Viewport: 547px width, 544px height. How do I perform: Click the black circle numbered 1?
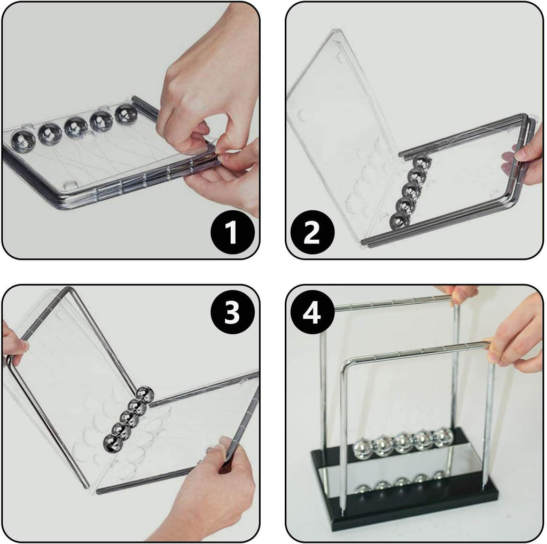click(x=231, y=233)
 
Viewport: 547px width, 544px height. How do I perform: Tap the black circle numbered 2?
click(x=312, y=233)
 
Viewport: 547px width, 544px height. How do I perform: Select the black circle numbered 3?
click(x=231, y=314)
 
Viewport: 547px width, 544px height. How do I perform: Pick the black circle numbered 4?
click(x=312, y=314)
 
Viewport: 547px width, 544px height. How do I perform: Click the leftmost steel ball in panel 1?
click(x=23, y=140)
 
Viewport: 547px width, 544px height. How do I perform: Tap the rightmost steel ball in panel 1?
click(x=126, y=114)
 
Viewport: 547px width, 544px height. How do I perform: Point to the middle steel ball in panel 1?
click(x=76, y=127)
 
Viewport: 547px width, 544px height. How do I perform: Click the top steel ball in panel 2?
click(x=420, y=161)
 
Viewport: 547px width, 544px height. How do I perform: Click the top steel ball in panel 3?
click(x=144, y=395)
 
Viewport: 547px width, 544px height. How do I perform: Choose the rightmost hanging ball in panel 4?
click(x=443, y=436)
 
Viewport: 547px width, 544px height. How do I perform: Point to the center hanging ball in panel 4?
click(x=403, y=441)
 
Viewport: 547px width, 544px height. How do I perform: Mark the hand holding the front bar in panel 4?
click(x=515, y=336)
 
